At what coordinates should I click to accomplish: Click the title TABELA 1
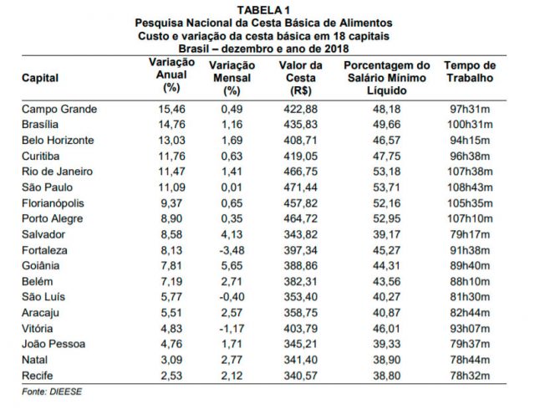click(x=263, y=10)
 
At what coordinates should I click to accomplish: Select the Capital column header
click(x=40, y=78)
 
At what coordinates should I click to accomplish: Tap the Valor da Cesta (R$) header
click(x=301, y=78)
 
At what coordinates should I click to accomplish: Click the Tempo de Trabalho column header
click(x=470, y=72)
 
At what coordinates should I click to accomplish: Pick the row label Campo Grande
click(x=59, y=110)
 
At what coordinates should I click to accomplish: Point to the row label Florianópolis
click(x=53, y=203)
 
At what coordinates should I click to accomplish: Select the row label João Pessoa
click(x=53, y=344)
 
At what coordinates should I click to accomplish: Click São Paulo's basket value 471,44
click(x=301, y=187)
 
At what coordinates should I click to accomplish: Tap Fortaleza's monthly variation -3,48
click(x=232, y=250)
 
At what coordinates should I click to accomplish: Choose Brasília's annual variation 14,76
click(x=171, y=125)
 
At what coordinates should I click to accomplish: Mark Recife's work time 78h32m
click(x=470, y=376)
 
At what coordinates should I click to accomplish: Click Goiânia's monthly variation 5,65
click(x=232, y=266)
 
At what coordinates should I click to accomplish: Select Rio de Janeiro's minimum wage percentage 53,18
click(x=386, y=172)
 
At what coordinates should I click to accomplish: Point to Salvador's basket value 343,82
click(x=301, y=234)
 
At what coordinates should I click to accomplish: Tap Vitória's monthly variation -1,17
click(x=232, y=329)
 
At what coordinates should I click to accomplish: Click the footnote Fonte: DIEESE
click(x=52, y=392)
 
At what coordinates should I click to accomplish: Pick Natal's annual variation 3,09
click(x=171, y=360)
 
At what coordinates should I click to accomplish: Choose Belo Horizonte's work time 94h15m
click(x=470, y=141)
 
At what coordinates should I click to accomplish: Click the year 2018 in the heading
click(x=336, y=49)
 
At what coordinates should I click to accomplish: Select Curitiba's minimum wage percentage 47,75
click(x=386, y=156)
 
